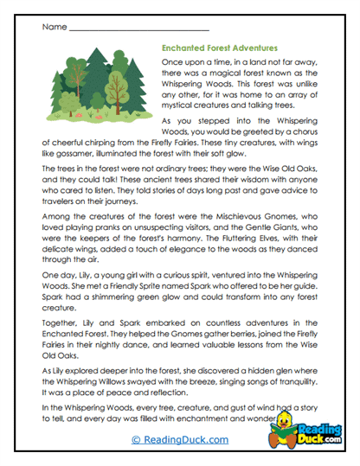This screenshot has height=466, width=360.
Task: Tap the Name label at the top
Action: tap(53, 28)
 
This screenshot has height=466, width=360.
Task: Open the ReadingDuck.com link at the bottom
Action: tap(179, 439)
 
